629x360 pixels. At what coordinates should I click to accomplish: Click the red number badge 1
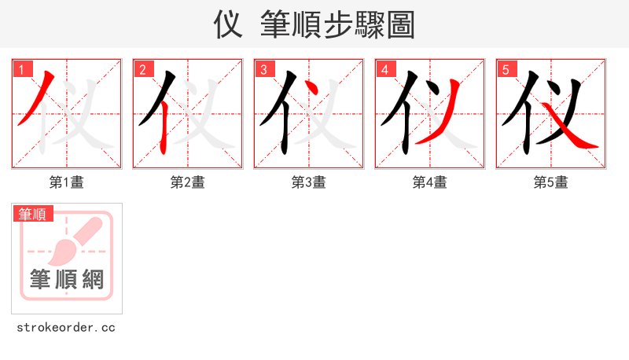pos(21,69)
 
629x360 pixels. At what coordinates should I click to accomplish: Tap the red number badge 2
pos(142,69)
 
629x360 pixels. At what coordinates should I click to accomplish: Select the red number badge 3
pos(263,69)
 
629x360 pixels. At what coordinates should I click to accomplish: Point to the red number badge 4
pos(384,69)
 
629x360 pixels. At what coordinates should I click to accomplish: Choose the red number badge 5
pos(506,69)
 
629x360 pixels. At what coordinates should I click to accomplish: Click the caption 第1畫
pos(67,182)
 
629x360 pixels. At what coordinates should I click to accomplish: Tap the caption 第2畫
pos(188,182)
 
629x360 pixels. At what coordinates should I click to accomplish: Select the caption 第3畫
pos(309,182)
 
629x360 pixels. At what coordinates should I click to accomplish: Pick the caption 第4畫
pos(430,182)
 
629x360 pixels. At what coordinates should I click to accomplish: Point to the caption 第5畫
pos(551,182)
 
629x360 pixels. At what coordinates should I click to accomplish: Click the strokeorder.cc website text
pos(66,327)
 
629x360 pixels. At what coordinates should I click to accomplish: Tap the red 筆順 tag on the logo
pos(32,213)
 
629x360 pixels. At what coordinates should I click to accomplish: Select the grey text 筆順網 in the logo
pos(67,279)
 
